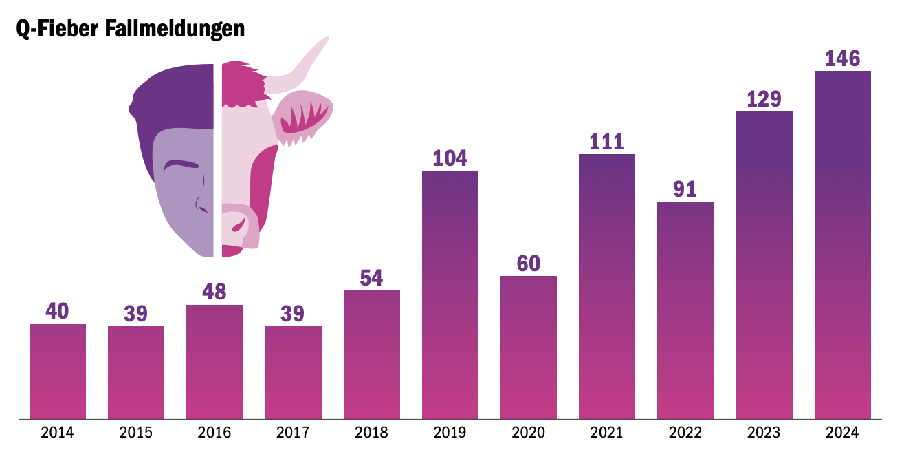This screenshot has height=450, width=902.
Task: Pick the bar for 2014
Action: point(58,371)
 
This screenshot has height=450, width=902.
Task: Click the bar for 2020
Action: point(529,347)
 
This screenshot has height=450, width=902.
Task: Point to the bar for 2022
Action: point(685,310)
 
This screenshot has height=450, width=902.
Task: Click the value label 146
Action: point(843,58)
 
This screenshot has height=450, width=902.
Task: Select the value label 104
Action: point(450,158)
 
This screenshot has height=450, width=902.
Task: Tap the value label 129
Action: point(764,99)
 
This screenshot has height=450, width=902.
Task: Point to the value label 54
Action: point(372,278)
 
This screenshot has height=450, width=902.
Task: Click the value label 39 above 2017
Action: point(293,313)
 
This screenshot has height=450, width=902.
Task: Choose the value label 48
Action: point(214,292)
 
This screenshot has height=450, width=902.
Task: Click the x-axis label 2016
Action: point(214,433)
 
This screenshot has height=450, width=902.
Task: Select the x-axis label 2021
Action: point(607,433)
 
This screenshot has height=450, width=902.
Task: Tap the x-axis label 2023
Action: point(764,433)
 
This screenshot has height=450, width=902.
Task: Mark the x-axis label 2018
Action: point(372,433)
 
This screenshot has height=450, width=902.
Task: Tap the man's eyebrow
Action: point(180,165)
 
